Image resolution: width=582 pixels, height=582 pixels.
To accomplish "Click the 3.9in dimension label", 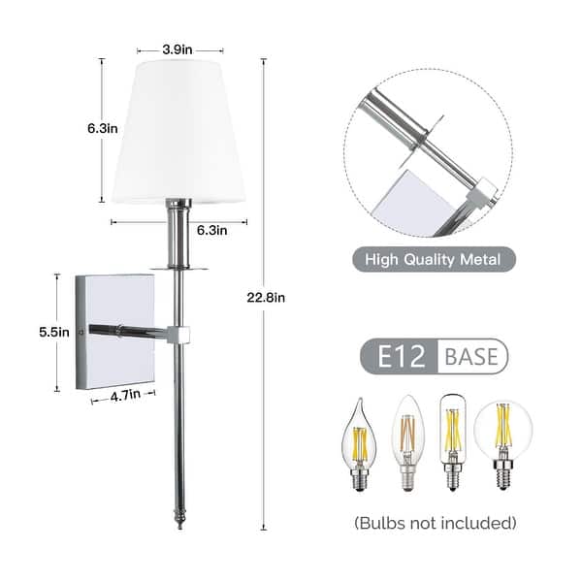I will (x=179, y=48).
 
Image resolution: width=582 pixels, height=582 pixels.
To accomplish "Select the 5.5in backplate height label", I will (x=55, y=332).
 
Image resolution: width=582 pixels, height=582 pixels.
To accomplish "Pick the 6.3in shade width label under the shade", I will (x=211, y=230).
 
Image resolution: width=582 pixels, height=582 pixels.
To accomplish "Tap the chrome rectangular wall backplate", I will (x=115, y=332).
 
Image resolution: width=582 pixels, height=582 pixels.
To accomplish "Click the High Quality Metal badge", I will (x=433, y=259).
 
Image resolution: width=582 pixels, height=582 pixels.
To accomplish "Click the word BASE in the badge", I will (x=471, y=356).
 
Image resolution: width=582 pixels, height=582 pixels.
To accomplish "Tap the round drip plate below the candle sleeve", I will (x=178, y=265).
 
